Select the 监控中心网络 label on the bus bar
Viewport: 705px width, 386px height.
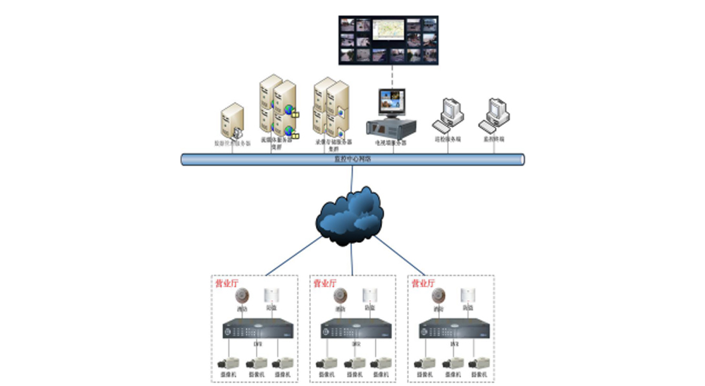352,159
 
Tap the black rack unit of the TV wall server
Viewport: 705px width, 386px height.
391,128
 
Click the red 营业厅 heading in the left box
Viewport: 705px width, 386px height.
226,283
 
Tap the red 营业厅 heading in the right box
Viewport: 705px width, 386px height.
423,283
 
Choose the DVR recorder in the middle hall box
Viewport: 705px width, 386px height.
355,328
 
